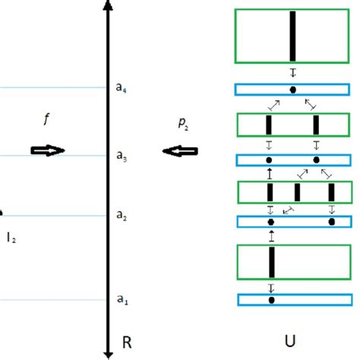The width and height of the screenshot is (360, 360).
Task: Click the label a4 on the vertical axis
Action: [x=122, y=87]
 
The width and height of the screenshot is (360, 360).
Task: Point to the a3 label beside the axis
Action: [x=122, y=157]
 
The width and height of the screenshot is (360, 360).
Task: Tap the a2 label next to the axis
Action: [x=122, y=216]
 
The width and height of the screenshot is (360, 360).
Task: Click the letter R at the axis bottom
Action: [x=127, y=343]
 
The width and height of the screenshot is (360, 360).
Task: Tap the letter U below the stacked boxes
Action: [x=292, y=343]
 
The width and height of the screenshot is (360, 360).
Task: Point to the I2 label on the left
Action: [x=11, y=238]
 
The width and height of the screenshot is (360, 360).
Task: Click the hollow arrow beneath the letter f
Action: [x=48, y=151]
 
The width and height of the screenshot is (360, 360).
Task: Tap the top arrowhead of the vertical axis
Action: [x=109, y=6]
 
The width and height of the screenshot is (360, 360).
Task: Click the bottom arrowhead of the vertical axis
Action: [x=109, y=352]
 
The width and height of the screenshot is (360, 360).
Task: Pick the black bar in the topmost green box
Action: [x=292, y=35]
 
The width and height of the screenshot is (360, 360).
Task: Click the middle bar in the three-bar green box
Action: [x=297, y=192]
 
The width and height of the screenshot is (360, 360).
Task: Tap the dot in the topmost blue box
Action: [x=292, y=90]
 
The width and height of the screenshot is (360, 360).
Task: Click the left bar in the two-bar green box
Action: [x=269, y=125]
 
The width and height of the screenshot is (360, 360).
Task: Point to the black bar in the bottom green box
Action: [x=271, y=262]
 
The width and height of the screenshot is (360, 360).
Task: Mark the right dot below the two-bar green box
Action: [x=316, y=160]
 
